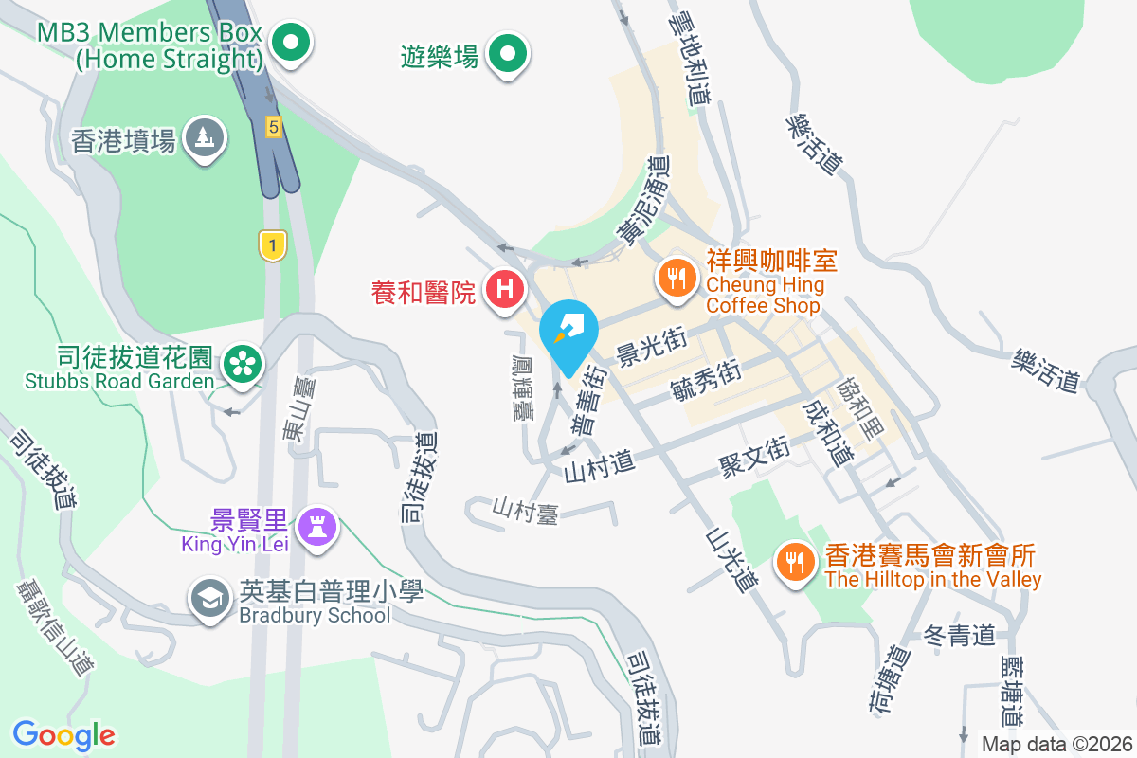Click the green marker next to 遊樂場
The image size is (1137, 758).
pos(508,54)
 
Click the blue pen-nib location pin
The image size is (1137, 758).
pos(568,334)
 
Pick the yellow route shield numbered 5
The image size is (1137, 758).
pos(273,126)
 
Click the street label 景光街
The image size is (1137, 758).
pos(650,348)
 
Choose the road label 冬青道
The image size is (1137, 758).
pos(959,635)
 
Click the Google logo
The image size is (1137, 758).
pos(64,734)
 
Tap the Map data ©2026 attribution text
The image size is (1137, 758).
pos(1056,744)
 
